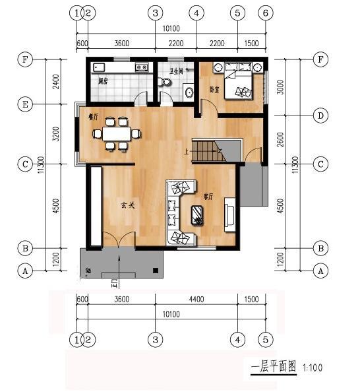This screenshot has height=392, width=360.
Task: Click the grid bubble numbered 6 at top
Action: click(266, 13)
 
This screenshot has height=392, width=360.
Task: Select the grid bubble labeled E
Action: click(25, 104)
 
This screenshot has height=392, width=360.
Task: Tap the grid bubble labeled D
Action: click(320, 116)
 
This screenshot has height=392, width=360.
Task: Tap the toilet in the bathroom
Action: click(165, 82)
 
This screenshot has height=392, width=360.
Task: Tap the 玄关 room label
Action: click(128, 205)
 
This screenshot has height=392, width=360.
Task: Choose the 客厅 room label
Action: click(208, 196)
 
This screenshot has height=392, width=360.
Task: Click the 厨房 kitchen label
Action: click(103, 82)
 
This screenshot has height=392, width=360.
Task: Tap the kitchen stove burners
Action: click(141, 67)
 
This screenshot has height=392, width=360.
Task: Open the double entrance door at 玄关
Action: click(119, 241)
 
